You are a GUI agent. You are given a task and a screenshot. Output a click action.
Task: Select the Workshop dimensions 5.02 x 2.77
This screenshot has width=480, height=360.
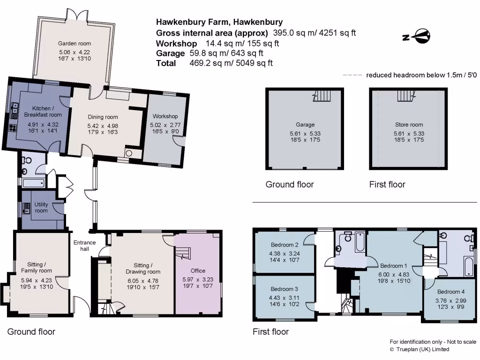click(164, 125)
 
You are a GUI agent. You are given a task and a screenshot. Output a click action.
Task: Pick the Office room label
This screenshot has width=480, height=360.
click(198, 270)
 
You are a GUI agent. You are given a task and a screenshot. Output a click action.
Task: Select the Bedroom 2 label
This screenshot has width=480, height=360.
click(285, 245)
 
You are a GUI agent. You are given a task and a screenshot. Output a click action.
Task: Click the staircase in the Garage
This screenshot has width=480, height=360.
click(322, 97)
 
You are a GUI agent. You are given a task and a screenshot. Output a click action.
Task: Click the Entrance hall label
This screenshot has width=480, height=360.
click(84, 246)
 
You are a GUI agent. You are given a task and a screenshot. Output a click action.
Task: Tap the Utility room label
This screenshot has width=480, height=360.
click(41, 208)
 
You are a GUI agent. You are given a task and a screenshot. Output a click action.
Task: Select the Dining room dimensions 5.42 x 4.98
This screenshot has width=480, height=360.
click(103, 126)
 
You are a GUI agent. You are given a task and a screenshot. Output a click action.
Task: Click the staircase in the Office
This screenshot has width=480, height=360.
click(183, 254)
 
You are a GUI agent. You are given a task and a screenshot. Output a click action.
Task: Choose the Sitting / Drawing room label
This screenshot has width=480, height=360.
click(142, 269)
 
